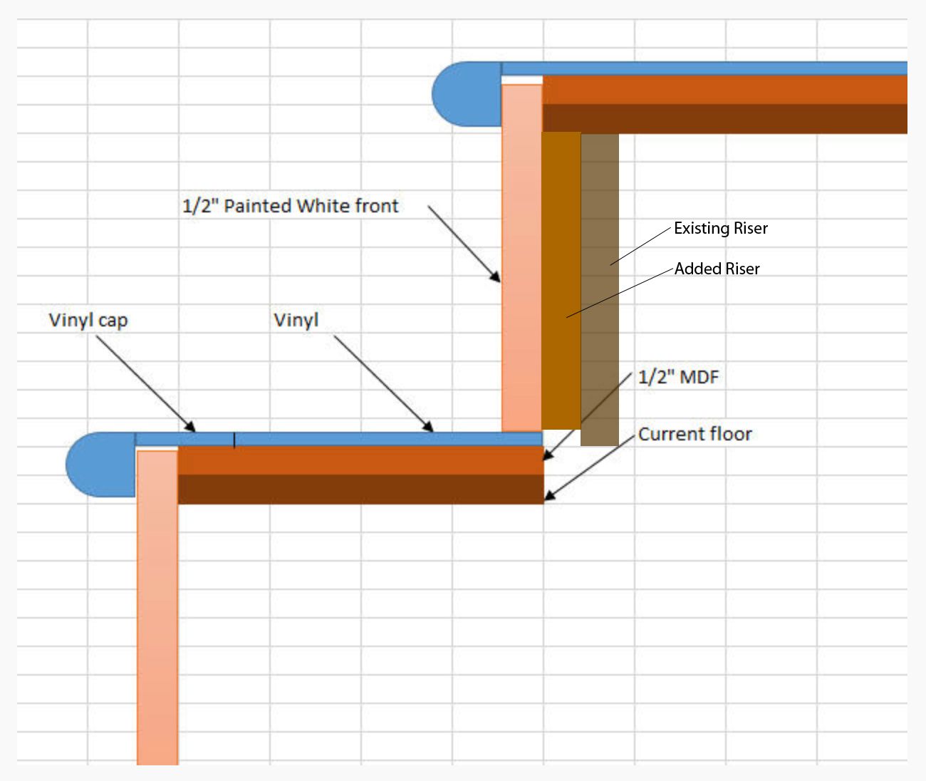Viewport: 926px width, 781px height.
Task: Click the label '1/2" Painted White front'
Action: pos(291,207)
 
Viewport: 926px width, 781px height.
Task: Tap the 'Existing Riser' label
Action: pos(721,229)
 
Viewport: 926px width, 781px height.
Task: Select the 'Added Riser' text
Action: pos(717,269)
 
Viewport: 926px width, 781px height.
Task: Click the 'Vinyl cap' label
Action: pos(88,321)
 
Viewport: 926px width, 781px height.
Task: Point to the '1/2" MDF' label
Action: pos(678,377)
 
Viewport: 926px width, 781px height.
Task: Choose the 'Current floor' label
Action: pos(695,434)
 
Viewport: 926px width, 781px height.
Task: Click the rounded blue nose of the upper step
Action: pos(467,94)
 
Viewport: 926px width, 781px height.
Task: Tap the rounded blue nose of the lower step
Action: pos(100,465)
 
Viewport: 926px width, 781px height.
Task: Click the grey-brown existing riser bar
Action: pos(600,289)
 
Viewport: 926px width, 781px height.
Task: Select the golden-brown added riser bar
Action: pos(561,281)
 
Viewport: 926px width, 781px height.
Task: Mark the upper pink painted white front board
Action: pos(521,258)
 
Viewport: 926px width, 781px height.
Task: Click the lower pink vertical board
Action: pos(157,608)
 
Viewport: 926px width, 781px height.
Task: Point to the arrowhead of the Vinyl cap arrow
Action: pos(191,428)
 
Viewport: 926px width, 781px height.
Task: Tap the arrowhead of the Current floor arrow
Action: pos(549,496)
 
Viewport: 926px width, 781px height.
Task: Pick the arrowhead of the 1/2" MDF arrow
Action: pos(548,455)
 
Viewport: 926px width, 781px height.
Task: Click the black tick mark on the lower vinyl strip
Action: pos(234,440)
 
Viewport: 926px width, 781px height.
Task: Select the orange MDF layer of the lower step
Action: pos(360,460)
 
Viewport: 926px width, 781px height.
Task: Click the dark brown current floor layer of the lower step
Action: pos(360,490)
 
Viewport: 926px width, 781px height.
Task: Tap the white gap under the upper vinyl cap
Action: pos(522,81)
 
